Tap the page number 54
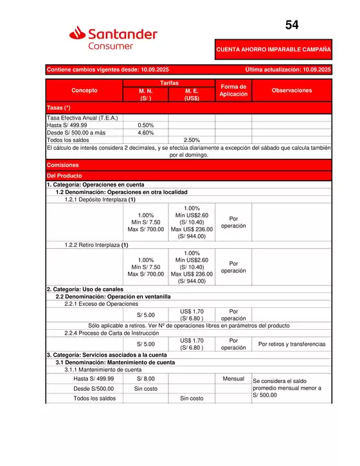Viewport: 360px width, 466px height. click(292, 26)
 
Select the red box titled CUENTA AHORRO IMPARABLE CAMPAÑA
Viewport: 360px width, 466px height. click(273, 49)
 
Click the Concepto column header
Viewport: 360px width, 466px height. click(84, 91)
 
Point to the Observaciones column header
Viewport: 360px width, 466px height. click(291, 91)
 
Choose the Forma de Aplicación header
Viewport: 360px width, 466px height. click(233, 91)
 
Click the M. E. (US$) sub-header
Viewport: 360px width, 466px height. click(192, 95)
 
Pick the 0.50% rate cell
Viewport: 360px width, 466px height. click(145, 125)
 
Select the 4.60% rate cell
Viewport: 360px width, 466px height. click(145, 132)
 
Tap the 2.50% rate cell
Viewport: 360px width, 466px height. click(192, 139)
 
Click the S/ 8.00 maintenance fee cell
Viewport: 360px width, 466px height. click(145, 379)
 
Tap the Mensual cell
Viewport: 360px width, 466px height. click(233, 379)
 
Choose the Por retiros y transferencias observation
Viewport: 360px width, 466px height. click(291, 344)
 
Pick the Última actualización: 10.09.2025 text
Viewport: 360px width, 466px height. click(287, 69)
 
